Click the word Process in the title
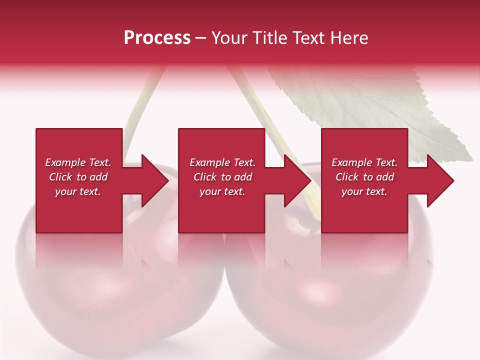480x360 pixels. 157,38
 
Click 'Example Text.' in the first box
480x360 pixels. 78,162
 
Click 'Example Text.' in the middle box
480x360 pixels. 222,162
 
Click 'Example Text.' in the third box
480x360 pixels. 364,162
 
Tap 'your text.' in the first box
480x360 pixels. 78,191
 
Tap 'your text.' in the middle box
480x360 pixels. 222,191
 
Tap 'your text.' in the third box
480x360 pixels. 364,191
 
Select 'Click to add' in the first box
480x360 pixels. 78,177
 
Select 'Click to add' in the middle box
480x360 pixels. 222,177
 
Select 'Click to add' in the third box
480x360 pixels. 364,177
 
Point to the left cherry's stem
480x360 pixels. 142,100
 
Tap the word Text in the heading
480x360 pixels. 309,38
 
